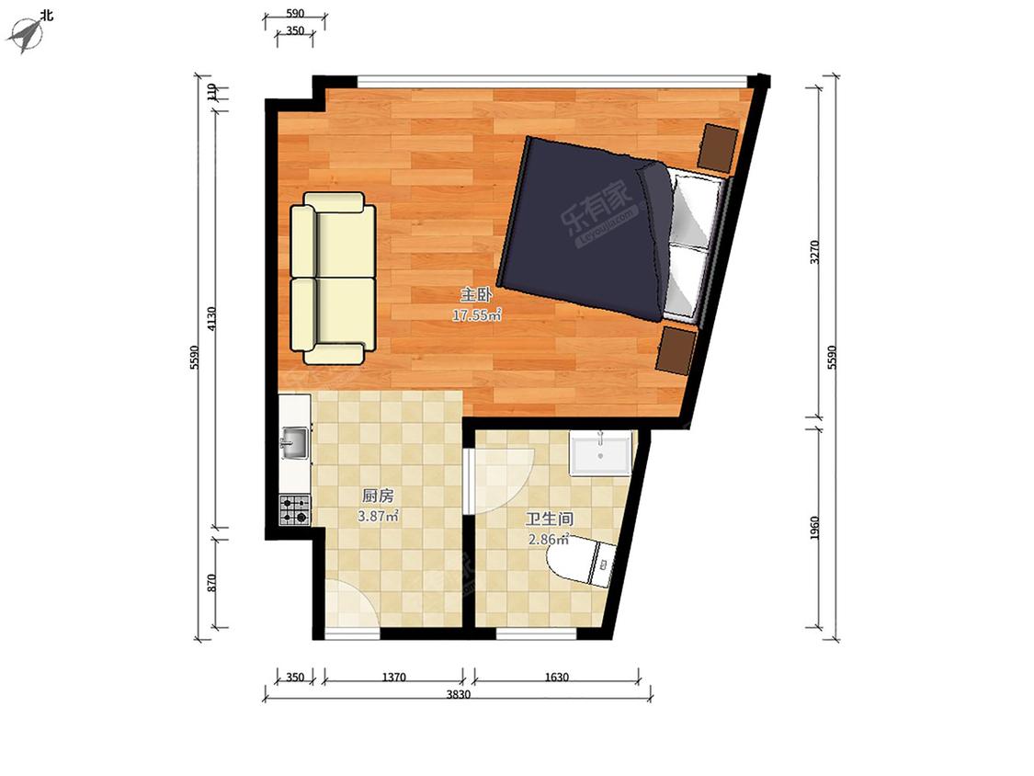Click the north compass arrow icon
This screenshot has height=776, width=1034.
click(x=24, y=34)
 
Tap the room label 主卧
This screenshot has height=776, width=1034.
click(x=476, y=294)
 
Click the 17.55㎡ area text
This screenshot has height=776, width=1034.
click(x=476, y=314)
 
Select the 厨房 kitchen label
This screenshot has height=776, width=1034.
click(x=378, y=495)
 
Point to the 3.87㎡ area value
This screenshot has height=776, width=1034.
click(x=378, y=516)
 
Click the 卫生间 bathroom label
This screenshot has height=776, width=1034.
click(x=550, y=519)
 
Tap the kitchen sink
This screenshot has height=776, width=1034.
click(x=294, y=442)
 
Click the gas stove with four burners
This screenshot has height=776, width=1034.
click(x=295, y=510)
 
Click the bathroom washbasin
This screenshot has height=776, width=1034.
click(x=601, y=452)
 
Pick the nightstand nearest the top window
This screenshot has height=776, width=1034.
click(x=718, y=147)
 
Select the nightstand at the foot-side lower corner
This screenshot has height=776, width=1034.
click(x=676, y=349)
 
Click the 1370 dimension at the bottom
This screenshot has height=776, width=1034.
click(x=393, y=677)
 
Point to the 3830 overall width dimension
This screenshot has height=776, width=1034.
click(x=459, y=694)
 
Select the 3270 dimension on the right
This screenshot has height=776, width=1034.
click(x=815, y=252)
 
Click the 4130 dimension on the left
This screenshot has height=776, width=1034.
click(x=211, y=319)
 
